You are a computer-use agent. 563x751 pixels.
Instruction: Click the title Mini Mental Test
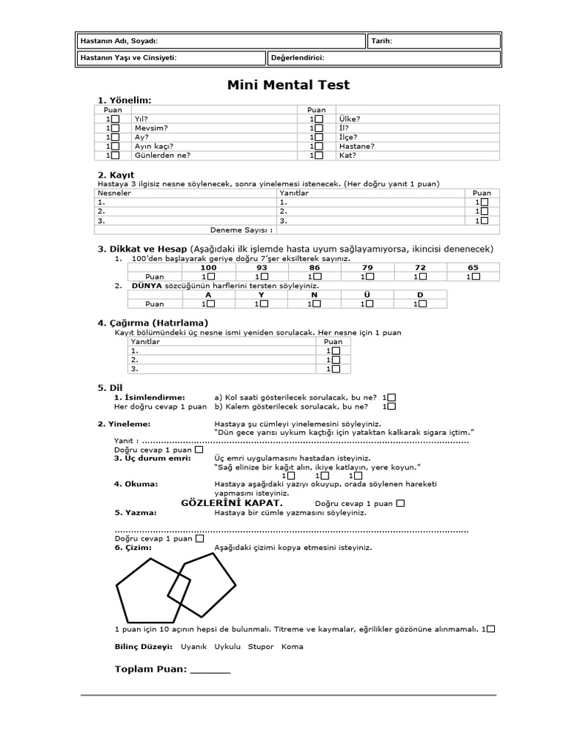tap(288, 85)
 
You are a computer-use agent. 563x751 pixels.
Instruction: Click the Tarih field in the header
tap(381, 41)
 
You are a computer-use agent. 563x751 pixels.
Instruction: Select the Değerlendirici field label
tap(298, 58)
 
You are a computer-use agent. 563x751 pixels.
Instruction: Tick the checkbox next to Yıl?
tap(114, 119)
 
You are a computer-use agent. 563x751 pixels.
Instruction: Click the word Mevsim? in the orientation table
tap(151, 128)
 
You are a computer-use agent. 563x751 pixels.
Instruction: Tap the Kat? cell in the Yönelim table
tap(347, 155)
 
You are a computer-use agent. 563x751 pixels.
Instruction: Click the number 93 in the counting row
tap(262, 268)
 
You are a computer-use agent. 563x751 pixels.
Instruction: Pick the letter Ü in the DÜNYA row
tap(367, 295)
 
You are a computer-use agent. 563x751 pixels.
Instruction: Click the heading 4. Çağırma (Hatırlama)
tap(153, 323)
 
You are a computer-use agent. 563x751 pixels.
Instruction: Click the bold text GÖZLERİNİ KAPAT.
tap(232, 503)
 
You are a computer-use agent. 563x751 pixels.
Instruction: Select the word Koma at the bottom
tap(292, 647)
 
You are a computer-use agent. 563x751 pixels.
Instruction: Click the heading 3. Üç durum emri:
tap(152, 458)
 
